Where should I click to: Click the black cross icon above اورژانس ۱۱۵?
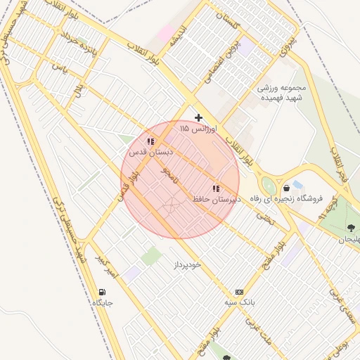tap(199, 117)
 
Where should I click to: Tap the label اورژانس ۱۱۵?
tap(199, 129)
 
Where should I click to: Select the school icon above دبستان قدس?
tap(150, 141)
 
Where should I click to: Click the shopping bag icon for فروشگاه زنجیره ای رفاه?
tap(286, 188)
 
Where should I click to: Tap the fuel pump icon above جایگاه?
tap(103, 292)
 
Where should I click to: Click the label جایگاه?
tap(102, 303)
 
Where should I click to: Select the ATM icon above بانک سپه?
tap(239, 291)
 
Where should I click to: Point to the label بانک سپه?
tap(239, 302)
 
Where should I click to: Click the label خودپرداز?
tap(187, 264)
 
